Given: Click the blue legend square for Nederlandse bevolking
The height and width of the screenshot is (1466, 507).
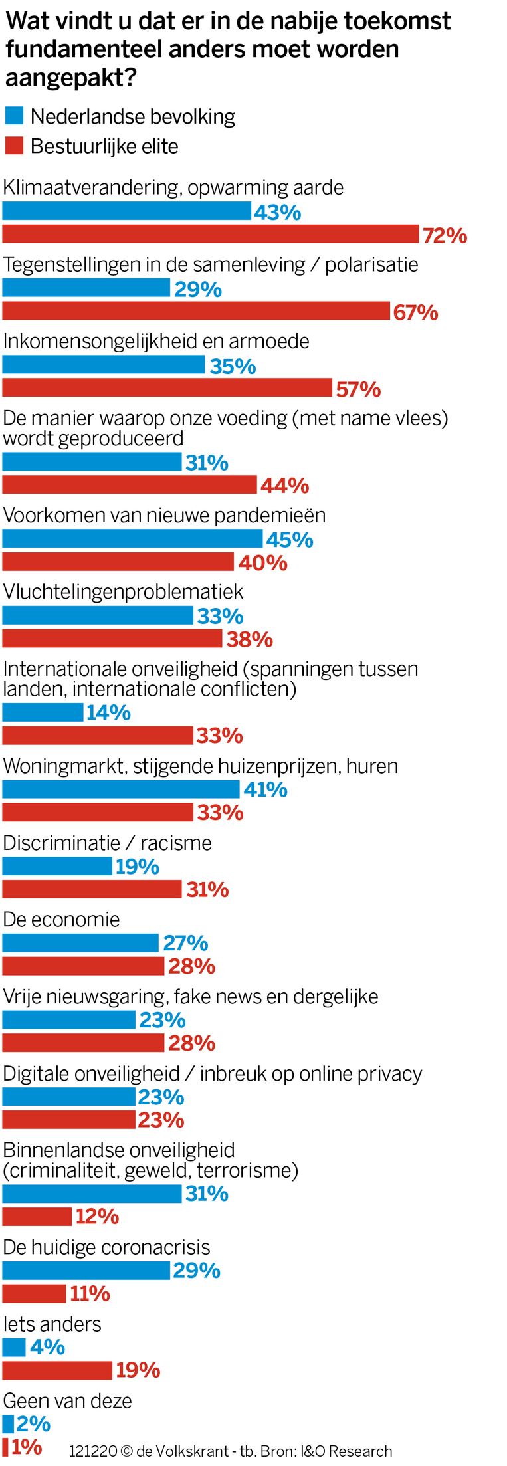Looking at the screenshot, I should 14,116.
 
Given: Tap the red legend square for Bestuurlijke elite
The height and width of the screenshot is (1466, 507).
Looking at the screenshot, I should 14,146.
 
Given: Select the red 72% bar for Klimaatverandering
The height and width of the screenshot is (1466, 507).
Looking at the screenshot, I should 211,234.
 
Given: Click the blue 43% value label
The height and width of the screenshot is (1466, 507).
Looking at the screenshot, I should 277,213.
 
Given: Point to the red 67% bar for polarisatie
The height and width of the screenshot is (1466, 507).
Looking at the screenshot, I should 196,311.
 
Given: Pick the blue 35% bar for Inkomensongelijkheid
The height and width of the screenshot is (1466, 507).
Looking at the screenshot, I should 104,365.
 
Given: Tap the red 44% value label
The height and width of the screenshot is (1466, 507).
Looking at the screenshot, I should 284,486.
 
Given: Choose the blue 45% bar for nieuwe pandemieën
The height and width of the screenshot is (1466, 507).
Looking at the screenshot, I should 132,538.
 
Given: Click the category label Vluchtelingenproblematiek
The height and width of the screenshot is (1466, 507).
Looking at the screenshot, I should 123,591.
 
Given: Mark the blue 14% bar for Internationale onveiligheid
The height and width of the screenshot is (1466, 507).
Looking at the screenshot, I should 43,712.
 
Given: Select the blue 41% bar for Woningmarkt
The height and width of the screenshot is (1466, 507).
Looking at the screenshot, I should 121,789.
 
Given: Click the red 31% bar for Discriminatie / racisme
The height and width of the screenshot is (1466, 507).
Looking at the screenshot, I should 92,889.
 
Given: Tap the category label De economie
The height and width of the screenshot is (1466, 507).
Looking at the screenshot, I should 61,920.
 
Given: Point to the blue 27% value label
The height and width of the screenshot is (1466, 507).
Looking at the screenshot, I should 185,943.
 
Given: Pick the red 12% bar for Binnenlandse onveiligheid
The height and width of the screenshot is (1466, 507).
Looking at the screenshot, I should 37,1217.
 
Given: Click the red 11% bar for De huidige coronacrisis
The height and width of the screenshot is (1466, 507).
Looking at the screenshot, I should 34,1293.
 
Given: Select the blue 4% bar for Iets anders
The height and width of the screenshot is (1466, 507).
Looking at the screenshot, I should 14,1347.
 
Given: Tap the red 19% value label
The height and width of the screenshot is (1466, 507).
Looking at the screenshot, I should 138,1370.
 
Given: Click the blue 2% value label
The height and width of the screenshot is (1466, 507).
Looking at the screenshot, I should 33,1424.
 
